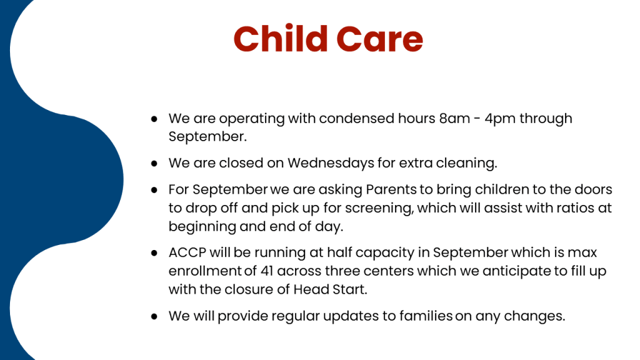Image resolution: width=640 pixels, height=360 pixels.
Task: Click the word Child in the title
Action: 281,39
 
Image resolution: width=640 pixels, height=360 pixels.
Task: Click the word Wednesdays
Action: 331,163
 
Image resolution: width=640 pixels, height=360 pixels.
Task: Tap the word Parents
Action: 391,190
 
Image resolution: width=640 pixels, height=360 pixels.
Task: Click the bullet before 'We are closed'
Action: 154,164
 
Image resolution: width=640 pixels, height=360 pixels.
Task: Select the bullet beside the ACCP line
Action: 154,253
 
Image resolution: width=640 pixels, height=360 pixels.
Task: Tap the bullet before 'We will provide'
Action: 154,316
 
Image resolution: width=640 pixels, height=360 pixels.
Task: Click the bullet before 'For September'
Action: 154,190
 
